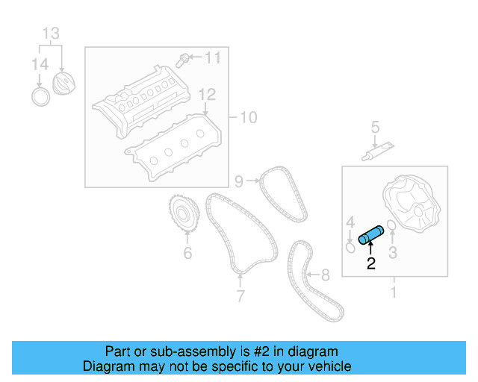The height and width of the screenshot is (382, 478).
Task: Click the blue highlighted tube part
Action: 371,234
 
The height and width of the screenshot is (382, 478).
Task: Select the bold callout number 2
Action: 370,263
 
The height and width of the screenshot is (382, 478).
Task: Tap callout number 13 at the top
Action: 50,34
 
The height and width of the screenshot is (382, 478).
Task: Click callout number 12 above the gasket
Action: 207,95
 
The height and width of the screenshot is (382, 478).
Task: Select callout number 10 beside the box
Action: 247,117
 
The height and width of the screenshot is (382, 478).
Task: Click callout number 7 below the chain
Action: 240,296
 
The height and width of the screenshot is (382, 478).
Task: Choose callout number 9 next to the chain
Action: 239,181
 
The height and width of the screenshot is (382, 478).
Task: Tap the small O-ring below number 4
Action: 350,245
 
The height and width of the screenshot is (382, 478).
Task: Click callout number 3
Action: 393,254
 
